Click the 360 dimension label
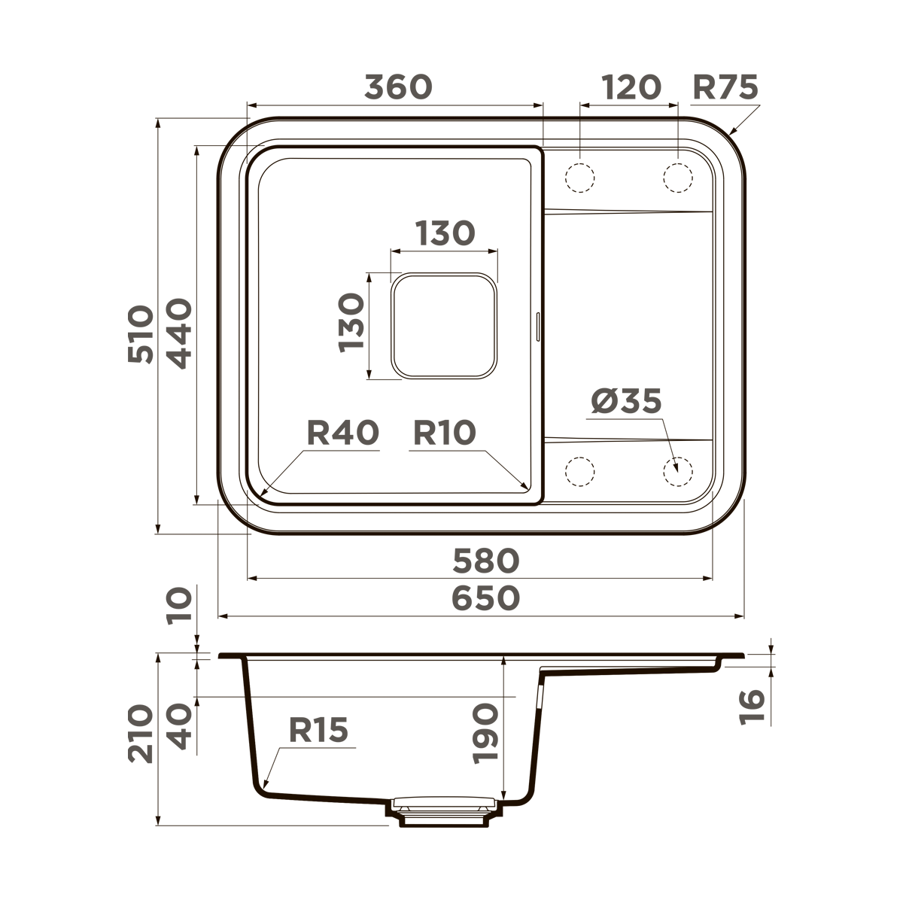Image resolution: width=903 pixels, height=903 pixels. [x=398, y=87]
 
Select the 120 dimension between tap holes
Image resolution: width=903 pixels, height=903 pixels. [x=631, y=87]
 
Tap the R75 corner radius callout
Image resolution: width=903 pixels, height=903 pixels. [x=725, y=87]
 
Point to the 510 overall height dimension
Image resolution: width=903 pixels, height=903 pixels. [x=141, y=334]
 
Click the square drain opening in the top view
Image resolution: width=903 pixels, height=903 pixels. [x=444, y=325]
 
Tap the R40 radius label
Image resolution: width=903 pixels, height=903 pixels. [x=342, y=433]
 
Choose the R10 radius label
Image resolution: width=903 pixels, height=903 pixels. [x=445, y=433]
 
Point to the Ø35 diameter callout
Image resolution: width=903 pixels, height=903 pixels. [x=625, y=401]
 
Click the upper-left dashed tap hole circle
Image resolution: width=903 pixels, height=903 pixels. [x=579, y=178]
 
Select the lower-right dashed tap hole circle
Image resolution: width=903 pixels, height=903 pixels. [x=677, y=472]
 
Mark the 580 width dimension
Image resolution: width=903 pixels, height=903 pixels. [x=485, y=561]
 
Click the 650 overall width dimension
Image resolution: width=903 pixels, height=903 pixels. [x=485, y=598]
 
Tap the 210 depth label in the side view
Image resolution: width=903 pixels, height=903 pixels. [x=141, y=734]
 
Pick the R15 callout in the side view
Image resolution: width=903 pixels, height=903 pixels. [x=318, y=730]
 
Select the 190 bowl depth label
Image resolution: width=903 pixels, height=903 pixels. [x=485, y=734]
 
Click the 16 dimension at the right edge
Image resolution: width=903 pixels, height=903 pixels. [x=752, y=707]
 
